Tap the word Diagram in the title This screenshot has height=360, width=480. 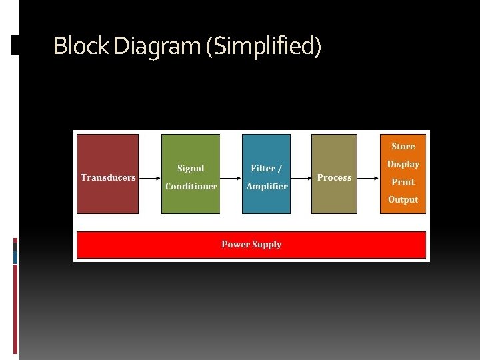(x=157, y=46)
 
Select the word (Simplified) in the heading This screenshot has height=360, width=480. (x=264, y=47)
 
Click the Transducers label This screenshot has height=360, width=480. (x=108, y=177)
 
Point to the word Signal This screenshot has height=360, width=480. (x=191, y=169)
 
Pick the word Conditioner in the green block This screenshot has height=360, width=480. (x=191, y=186)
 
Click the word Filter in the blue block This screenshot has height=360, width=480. (x=261, y=169)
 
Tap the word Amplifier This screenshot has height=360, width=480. (x=267, y=186)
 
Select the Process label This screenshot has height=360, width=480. (x=334, y=177)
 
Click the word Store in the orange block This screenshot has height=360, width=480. (x=403, y=146)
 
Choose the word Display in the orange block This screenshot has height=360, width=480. (x=403, y=164)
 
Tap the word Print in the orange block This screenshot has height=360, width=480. (x=403, y=181)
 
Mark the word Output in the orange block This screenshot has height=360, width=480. (x=403, y=199)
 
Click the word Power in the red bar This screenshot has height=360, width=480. (x=236, y=244)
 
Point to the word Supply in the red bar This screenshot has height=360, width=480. (x=267, y=244)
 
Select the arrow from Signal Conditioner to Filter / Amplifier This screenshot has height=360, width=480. (x=231, y=178)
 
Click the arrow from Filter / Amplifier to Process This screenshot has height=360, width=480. (x=301, y=178)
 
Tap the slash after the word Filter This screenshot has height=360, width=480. (x=280, y=169)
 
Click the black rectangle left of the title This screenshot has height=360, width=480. (x=15, y=45)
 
